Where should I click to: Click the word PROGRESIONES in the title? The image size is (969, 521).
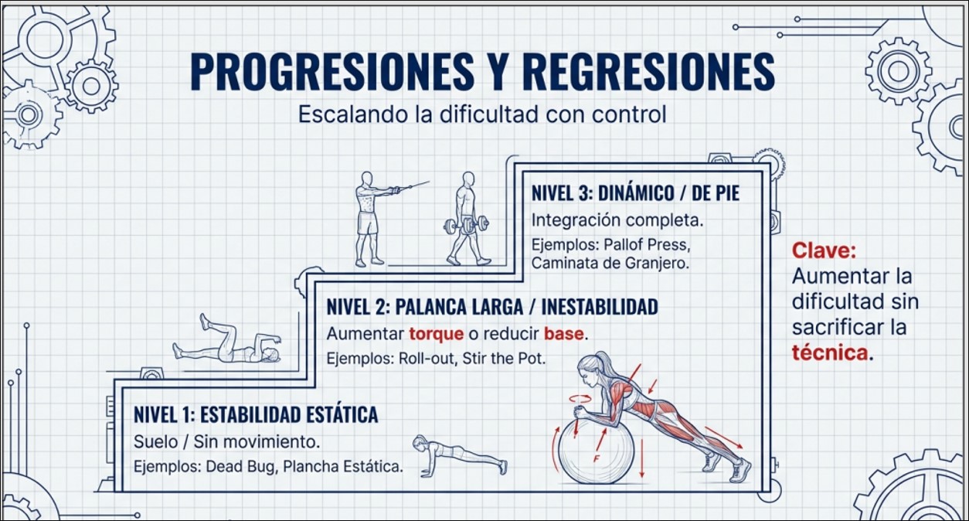(x=332, y=71)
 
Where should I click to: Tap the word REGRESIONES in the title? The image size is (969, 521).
(x=649, y=71)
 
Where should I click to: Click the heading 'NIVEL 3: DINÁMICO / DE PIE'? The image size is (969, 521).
(x=635, y=193)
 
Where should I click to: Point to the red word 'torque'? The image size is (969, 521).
(x=436, y=334)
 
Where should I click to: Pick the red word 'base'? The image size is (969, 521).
(x=563, y=334)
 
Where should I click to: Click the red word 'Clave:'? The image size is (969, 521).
(x=824, y=250)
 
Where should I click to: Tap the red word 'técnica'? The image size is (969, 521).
(x=830, y=352)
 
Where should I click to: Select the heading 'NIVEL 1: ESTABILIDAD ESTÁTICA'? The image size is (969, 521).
(x=256, y=414)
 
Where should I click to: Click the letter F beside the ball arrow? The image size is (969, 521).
(x=597, y=458)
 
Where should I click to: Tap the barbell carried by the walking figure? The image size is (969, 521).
(x=466, y=225)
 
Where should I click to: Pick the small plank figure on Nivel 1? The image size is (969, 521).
(x=460, y=455)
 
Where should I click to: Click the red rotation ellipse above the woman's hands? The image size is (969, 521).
(x=580, y=398)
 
